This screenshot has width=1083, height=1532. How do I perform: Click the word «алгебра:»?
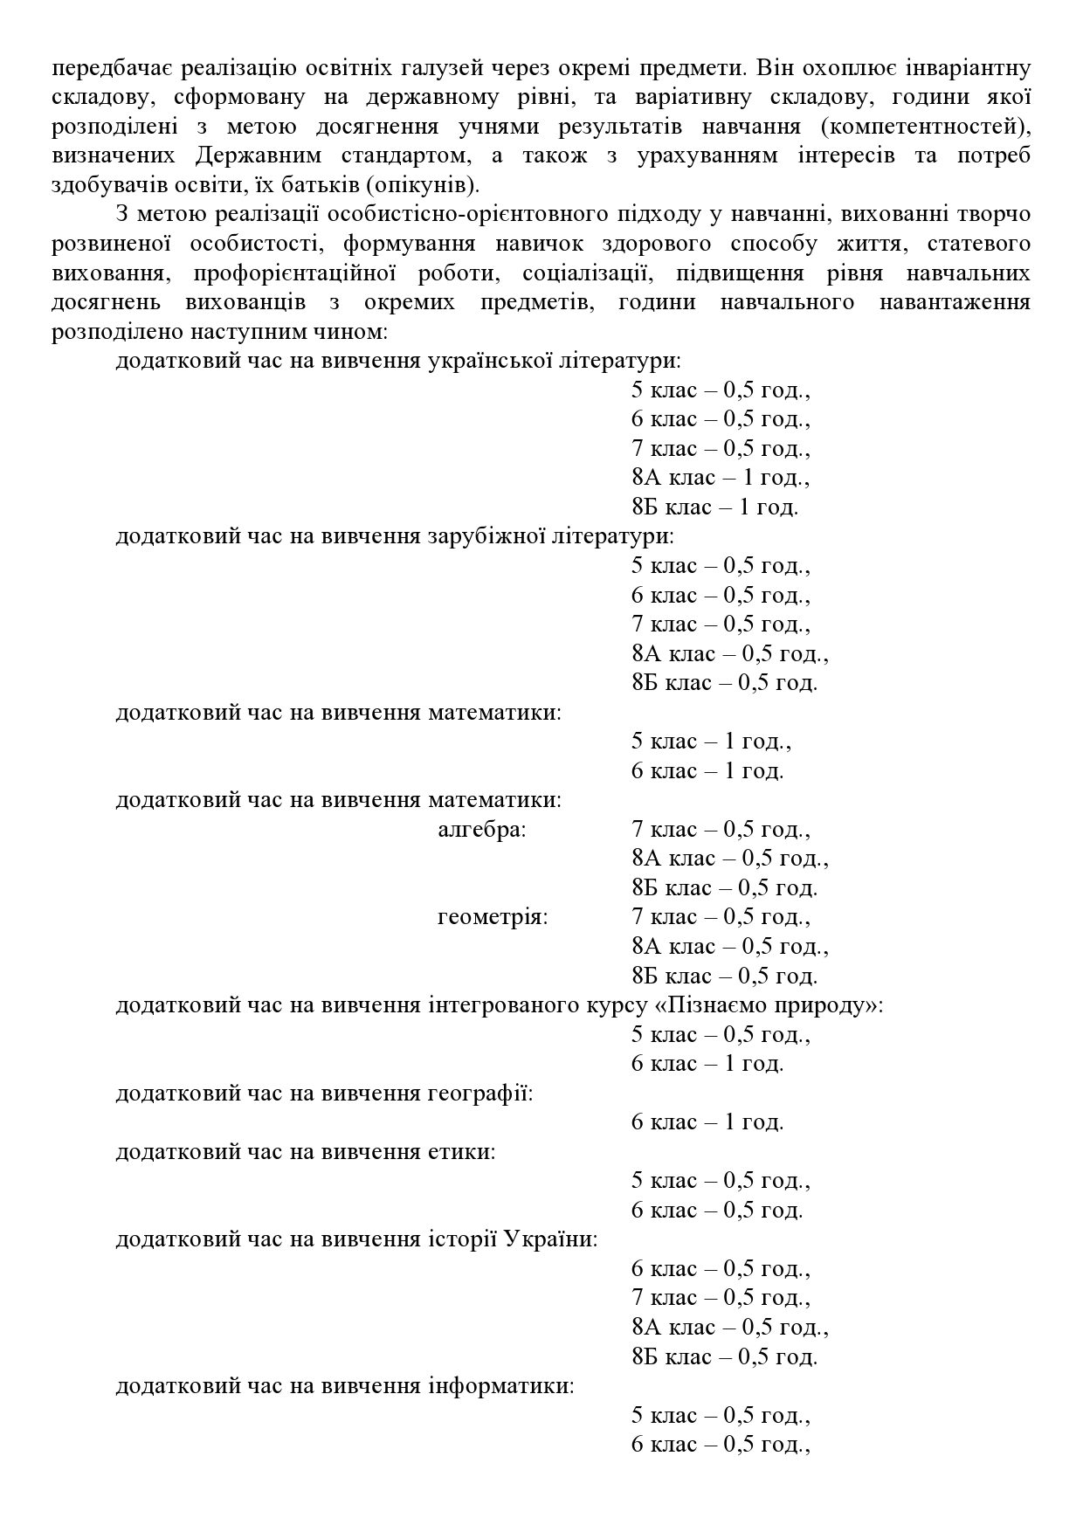pos(482,830)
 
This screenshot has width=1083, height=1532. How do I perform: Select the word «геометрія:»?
pos(493,918)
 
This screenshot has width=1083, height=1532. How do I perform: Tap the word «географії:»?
pos(480,1094)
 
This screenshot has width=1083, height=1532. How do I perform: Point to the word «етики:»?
pos(462,1152)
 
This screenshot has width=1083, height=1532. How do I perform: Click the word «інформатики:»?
pos(500,1386)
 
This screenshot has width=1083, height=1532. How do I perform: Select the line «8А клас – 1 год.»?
pos(721,478)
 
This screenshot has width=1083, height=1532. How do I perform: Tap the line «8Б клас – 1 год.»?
pos(714,507)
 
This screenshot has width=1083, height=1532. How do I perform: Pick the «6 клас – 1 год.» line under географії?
pos(707,1122)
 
